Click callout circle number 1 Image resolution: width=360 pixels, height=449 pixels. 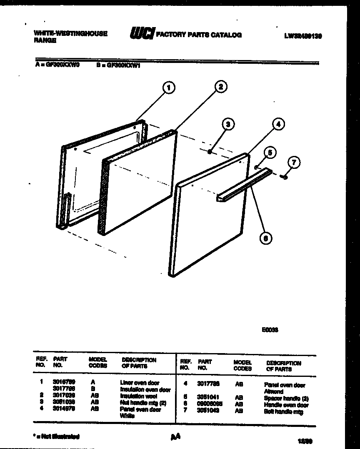coord(168,88)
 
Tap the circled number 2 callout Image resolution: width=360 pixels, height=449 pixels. coord(220,87)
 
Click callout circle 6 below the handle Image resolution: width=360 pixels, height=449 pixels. coord(265,238)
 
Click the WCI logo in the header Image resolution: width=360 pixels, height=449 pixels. coord(142,34)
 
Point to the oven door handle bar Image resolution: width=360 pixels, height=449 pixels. coord(244,186)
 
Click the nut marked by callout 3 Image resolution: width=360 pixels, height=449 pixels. coord(211,152)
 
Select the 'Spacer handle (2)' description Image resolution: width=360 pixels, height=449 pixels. coord(286,399)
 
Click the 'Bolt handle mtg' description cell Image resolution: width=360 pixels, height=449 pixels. coord(283,412)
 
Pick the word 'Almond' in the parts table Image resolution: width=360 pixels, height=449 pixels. coord(273,392)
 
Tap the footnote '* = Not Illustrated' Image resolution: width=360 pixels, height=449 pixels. coord(56,437)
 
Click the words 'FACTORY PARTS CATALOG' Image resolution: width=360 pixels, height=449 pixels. coord(198,35)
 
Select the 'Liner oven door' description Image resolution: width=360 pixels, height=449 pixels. coord(140,383)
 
